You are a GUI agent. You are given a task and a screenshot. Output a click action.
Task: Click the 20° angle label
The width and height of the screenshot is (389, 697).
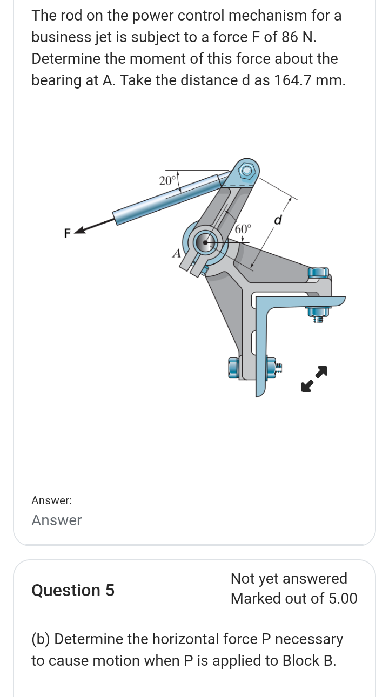[167, 180]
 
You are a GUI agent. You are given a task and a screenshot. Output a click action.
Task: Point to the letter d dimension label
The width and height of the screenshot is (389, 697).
[279, 220]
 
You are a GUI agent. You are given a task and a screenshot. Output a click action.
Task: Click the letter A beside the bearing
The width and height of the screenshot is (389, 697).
[176, 253]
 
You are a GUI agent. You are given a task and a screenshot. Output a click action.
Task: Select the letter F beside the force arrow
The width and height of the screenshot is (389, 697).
[68, 233]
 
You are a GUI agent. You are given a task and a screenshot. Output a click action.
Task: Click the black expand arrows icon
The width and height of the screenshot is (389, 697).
[314, 378]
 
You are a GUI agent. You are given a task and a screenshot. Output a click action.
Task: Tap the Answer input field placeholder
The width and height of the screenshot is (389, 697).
[57, 520]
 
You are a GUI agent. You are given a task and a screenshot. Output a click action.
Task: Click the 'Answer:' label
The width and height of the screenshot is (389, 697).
[52, 500]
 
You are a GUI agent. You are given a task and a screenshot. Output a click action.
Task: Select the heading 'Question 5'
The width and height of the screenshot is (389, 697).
[73, 590]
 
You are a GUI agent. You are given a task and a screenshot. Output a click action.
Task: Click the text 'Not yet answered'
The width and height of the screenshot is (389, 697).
[289, 578]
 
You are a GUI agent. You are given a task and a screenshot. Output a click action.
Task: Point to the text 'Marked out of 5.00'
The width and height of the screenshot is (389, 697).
[294, 598]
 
